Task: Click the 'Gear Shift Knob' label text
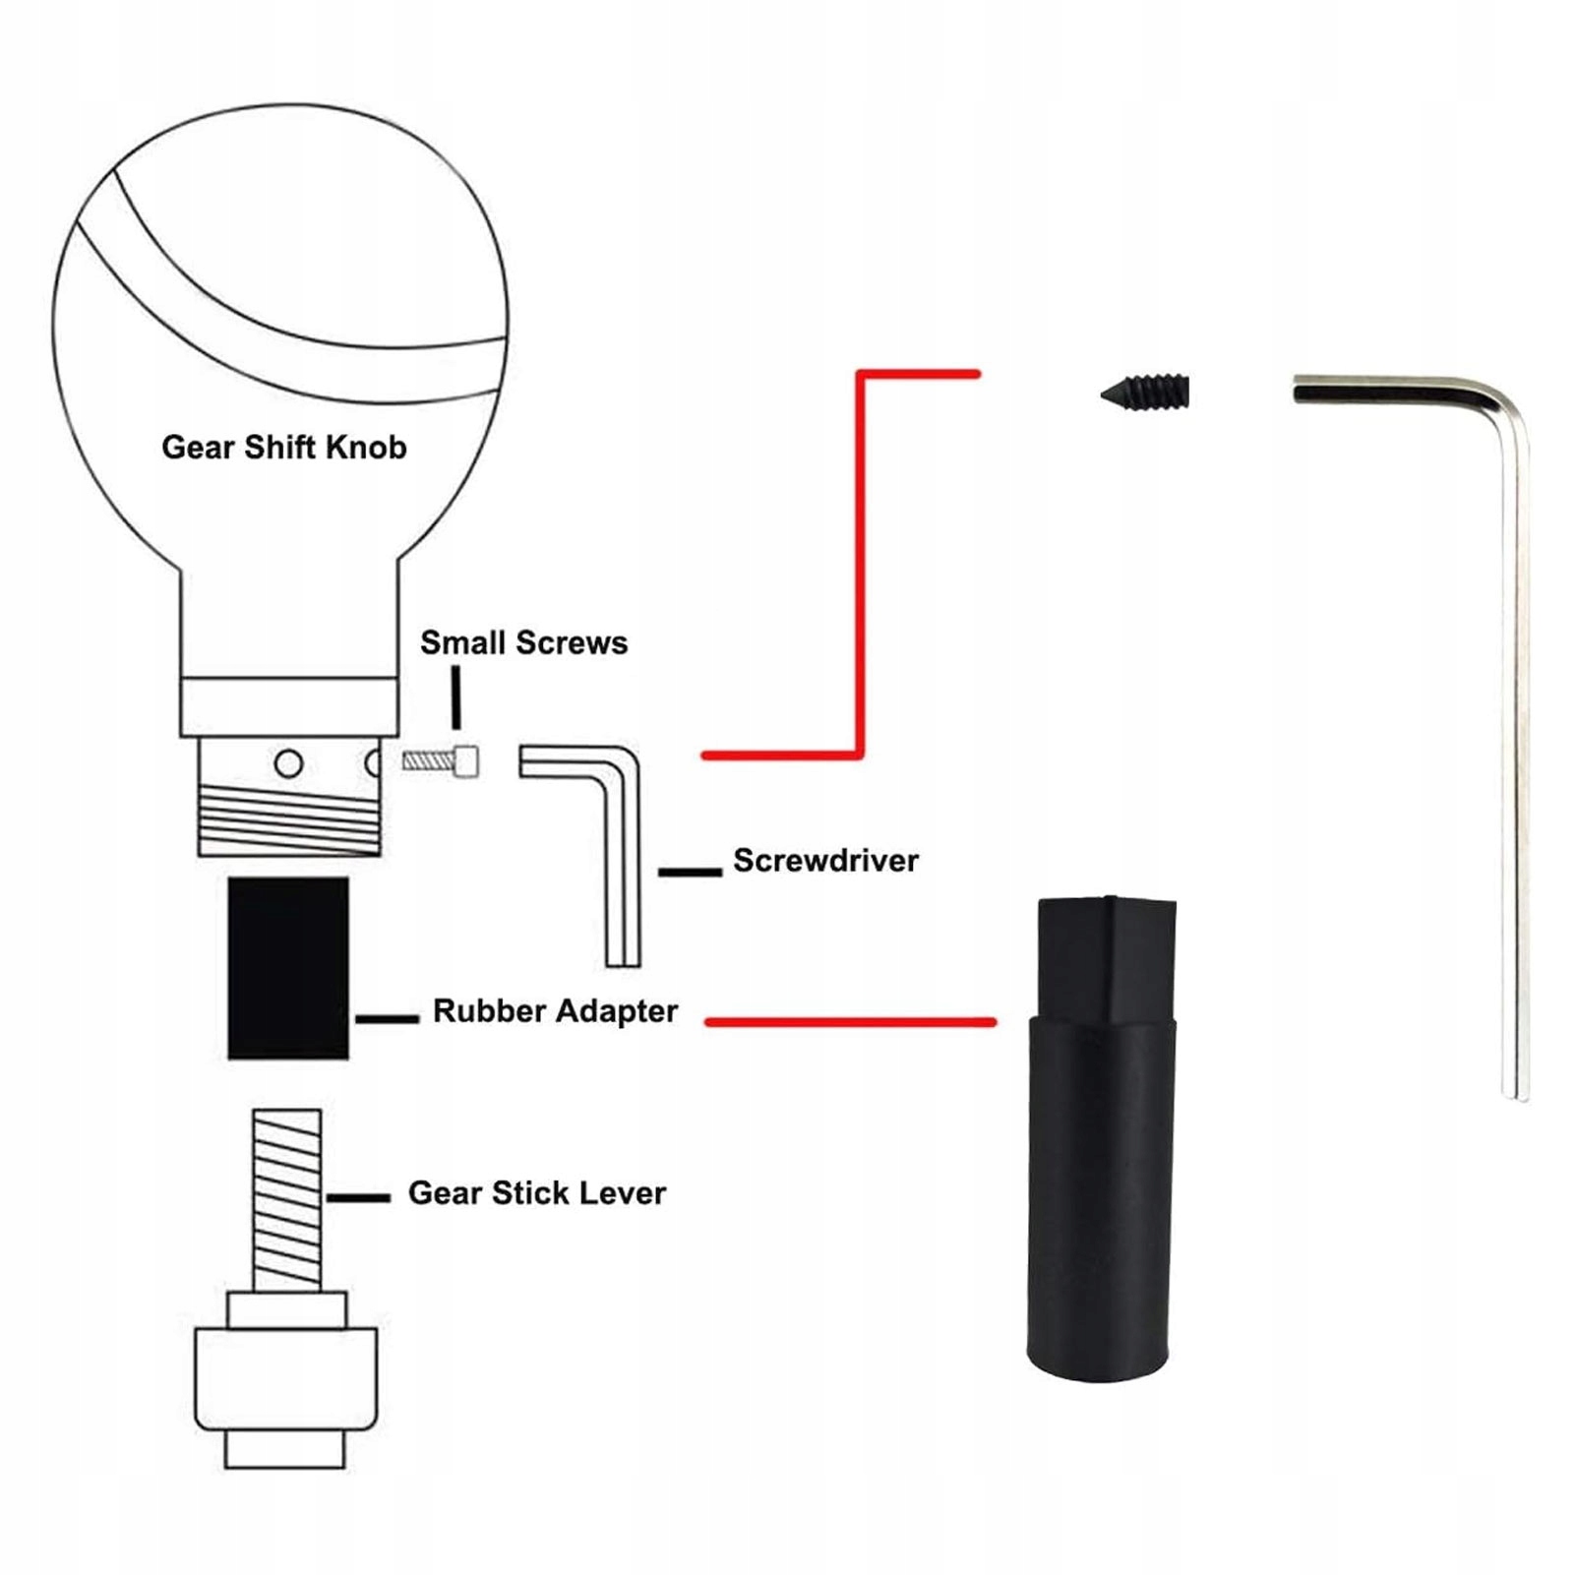283,448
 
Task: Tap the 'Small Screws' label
523,643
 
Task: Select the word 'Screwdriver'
825,861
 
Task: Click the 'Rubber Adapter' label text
555,1011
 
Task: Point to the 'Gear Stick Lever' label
536,1193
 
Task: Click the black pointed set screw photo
1146,393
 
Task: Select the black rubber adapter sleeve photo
1101,1181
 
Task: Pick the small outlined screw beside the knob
441,761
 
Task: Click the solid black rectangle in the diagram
288,968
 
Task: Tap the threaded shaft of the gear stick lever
286,1199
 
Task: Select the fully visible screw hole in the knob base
288,763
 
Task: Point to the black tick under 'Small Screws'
455,697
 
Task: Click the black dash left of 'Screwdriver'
690,872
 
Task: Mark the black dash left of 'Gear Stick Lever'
358,1197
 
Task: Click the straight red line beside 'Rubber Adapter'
851,1022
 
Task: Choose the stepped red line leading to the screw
861,561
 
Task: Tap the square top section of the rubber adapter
1108,959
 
